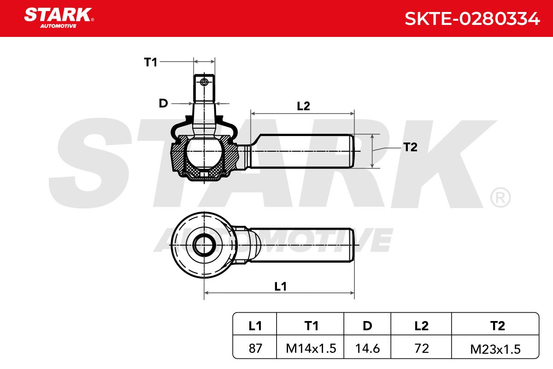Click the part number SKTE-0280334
coord(472,19)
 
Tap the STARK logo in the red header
coord(59,18)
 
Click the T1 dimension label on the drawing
coord(151,62)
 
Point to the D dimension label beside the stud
coord(163,103)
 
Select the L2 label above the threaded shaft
coord(303,106)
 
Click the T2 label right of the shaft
coord(410,147)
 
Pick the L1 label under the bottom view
coord(281,286)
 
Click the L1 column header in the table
coord(255,326)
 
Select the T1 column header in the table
coord(312,326)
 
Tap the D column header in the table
coord(367,326)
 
